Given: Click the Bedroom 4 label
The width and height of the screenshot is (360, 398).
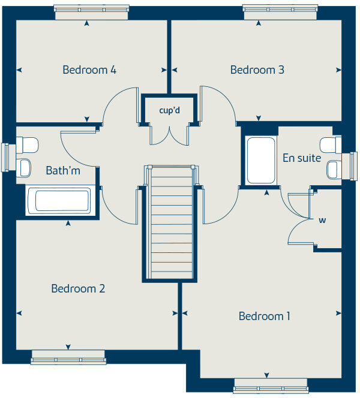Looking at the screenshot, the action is pos(89,70).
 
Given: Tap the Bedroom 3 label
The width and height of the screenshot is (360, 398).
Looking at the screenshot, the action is pos(257,70).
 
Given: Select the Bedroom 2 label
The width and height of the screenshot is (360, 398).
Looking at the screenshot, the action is pos(78,289).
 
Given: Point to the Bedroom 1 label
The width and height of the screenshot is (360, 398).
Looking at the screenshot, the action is pos(265,316).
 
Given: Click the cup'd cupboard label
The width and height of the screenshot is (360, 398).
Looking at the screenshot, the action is pos(169,110).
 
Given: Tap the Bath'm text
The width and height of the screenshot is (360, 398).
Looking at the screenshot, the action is pos(63,171).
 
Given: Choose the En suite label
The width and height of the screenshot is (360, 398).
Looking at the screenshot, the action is pos(302,158).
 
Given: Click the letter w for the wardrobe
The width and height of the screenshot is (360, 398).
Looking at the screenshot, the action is pos(322,220).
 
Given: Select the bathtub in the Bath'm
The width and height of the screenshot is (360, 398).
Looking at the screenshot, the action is pos(63,200).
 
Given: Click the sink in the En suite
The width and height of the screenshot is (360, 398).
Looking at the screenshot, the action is pos(333,170).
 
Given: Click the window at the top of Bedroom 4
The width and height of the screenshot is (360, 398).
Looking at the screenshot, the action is pos(91,8).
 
